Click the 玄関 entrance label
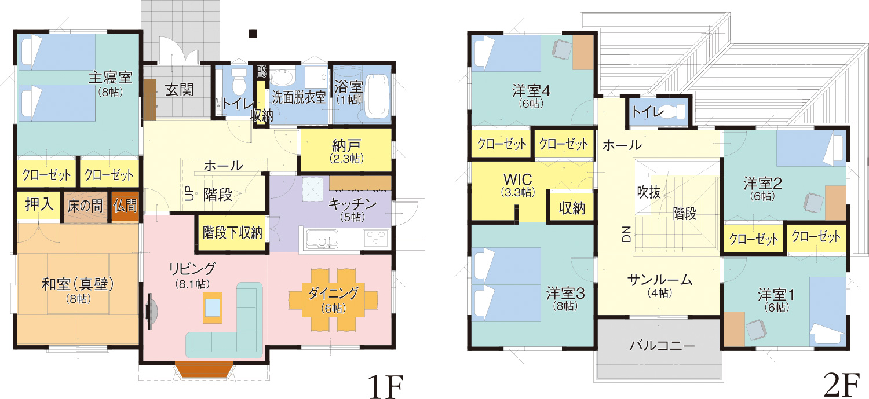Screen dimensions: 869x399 (x=179, y=90)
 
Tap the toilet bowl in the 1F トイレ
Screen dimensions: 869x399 (x=239, y=82)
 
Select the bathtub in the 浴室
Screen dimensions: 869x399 (x=377, y=97)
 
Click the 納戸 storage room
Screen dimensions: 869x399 (x=346, y=150)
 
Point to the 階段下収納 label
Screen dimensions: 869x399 (x=232, y=233)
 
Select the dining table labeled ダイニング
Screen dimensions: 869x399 (x=333, y=300)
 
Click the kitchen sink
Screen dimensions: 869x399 (x=322, y=239)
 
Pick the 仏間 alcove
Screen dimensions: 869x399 (x=125, y=206)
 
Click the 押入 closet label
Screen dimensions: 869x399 (x=39, y=204)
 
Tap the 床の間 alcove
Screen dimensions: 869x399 (x=85, y=207)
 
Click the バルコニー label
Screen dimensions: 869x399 (x=662, y=345)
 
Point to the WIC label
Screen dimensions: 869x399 (x=518, y=180)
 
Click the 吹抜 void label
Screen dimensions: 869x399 (x=649, y=192)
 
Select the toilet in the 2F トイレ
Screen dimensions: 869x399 (x=673, y=111)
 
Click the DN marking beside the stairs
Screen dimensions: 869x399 (x=626, y=234)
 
